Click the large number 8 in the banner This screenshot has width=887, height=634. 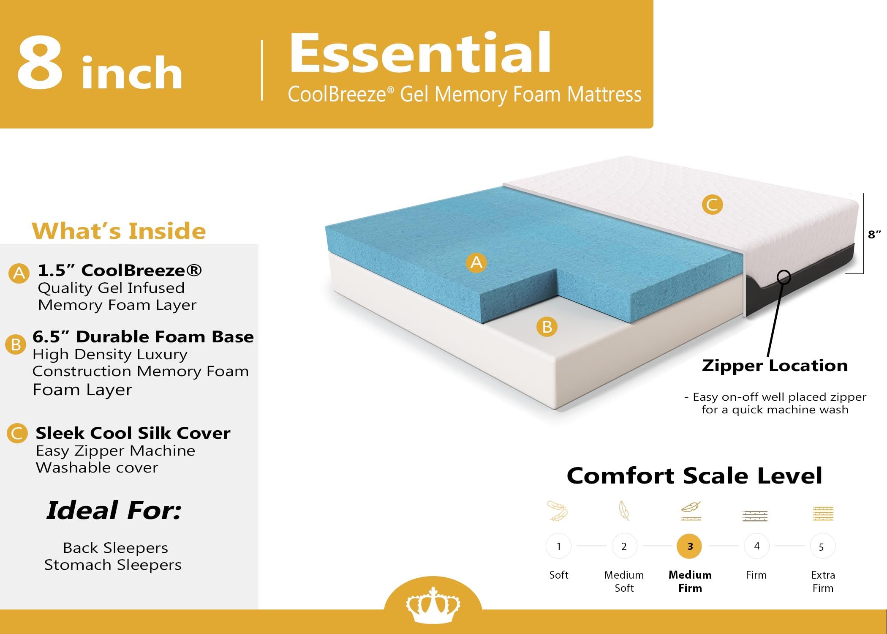point(40,63)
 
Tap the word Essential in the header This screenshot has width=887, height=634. point(420,54)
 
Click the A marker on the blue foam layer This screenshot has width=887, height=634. point(476,262)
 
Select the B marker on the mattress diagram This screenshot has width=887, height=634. point(547,327)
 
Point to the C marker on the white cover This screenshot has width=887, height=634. point(712,205)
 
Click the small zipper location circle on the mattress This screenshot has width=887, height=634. point(784,277)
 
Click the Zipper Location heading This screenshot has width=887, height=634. point(775,365)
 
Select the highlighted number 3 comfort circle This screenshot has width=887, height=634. point(690,546)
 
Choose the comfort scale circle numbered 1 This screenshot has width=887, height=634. point(558,546)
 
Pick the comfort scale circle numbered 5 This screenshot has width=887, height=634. point(822,547)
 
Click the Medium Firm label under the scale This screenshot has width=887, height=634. point(690,581)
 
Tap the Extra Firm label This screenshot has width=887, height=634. point(823,581)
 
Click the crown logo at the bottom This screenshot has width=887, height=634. point(433,604)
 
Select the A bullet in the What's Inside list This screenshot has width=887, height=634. point(19,273)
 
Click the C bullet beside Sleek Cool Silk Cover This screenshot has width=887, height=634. point(17,434)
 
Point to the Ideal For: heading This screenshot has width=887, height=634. point(114,510)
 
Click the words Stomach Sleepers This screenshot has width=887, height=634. point(113,565)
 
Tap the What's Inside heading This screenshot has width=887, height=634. point(119,231)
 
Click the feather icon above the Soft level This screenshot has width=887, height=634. point(558,511)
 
